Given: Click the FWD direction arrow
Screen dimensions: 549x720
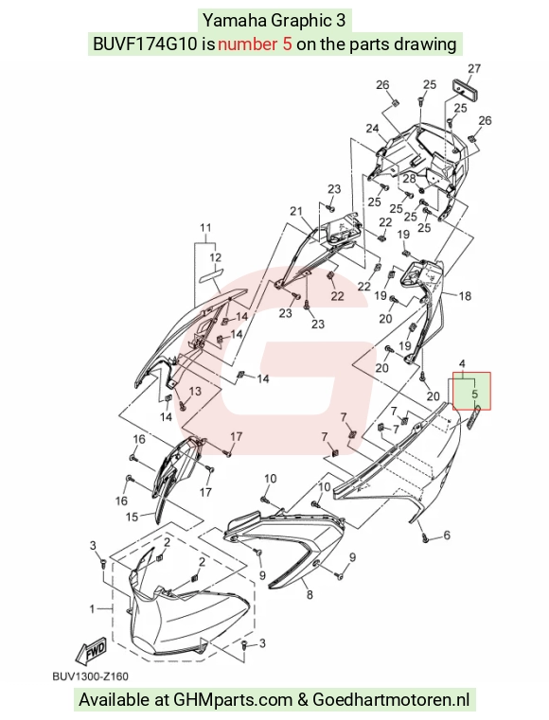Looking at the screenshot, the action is (92, 651).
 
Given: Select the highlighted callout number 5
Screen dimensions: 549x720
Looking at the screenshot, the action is (475, 394).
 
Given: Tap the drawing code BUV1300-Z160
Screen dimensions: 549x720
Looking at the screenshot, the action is (91, 676).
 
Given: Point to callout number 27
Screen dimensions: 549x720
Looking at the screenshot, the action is (474, 68).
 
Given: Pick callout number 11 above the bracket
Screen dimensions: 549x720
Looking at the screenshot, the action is (205, 227).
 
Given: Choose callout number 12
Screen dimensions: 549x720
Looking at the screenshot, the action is (216, 257).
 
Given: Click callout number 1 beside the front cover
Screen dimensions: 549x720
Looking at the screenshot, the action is (92, 609).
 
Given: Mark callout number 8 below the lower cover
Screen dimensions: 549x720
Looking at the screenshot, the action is (310, 595).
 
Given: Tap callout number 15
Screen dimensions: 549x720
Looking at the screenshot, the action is (132, 517).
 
